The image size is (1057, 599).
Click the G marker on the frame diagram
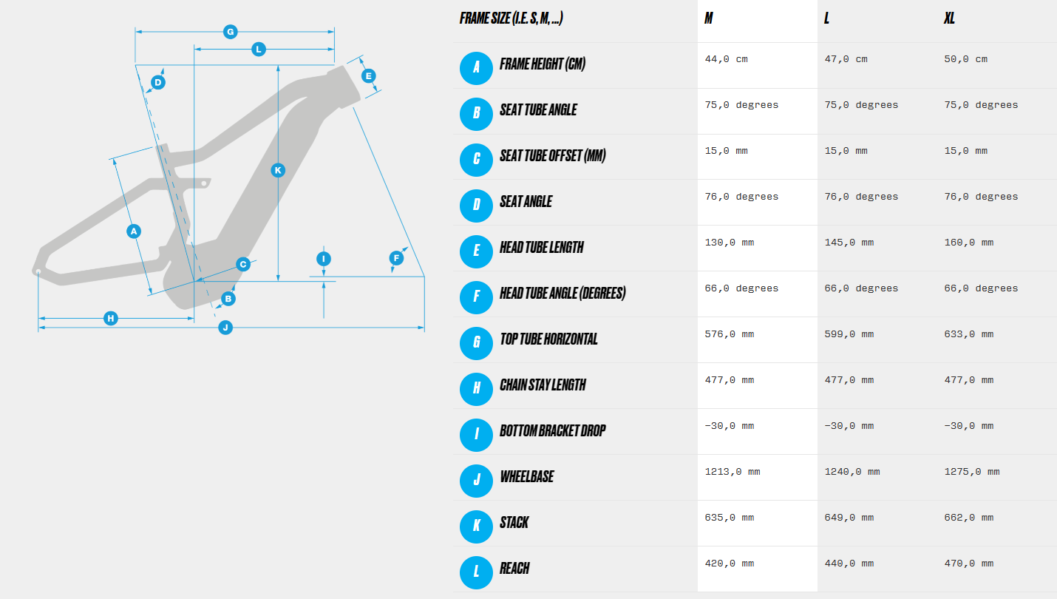click(x=231, y=32)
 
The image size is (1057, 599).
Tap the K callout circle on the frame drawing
click(x=278, y=170)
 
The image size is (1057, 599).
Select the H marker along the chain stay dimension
click(x=111, y=318)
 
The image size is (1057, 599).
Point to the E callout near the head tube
click(x=369, y=75)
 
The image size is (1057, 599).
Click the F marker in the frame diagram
click(x=396, y=258)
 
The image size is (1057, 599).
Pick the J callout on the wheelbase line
click(x=225, y=327)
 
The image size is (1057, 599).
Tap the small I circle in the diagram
click(x=324, y=259)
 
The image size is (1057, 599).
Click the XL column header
click(x=949, y=18)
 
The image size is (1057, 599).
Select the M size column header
click(x=709, y=18)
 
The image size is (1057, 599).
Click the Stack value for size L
click(x=849, y=518)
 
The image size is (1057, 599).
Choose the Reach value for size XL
click(x=969, y=563)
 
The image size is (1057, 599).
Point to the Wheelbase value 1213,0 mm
click(x=733, y=472)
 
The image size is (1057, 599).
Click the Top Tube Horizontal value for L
click(x=849, y=334)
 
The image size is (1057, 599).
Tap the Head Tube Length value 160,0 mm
click(x=969, y=243)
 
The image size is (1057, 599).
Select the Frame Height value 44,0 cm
click(x=726, y=59)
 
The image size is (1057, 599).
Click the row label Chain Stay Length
click(x=543, y=385)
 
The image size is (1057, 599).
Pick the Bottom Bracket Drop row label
click(x=553, y=431)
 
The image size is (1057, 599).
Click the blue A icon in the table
click(x=476, y=69)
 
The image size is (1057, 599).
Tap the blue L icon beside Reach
click(x=476, y=572)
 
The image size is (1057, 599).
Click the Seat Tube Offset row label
click(x=553, y=156)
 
